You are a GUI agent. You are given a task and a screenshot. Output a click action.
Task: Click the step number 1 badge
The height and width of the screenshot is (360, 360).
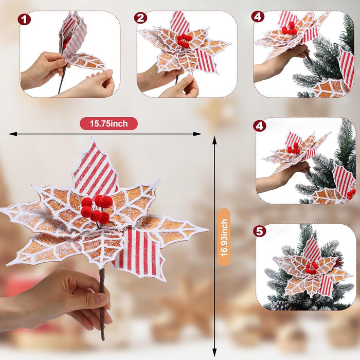point(24,20)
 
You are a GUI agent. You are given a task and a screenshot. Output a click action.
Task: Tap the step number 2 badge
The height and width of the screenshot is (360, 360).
point(140,18)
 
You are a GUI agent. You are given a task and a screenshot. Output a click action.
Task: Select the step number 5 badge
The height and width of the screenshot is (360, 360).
point(260,231)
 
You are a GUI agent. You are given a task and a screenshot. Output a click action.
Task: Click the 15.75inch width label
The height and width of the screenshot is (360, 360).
point(109,123)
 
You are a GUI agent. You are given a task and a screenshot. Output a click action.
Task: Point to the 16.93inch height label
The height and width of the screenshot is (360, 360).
point(223,237)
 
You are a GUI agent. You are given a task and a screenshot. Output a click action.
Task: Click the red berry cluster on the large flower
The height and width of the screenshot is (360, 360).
point(96,209)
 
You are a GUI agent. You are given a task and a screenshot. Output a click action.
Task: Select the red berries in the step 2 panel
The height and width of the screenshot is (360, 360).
point(184,41)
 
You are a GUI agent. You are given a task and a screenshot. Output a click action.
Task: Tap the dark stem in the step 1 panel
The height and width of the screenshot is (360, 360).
point(61,82)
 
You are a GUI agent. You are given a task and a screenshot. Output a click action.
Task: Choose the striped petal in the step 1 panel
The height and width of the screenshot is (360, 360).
point(71,33)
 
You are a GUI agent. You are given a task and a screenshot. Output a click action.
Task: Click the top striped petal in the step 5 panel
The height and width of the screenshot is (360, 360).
point(312,249)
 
